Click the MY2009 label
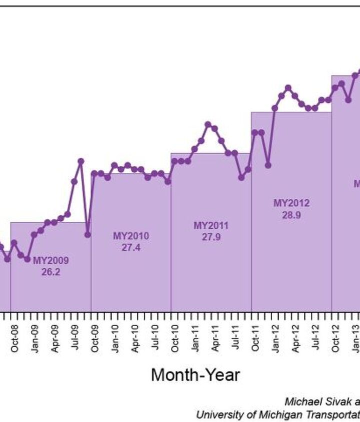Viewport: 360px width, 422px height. point(51,261)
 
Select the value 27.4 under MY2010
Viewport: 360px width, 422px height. point(131,247)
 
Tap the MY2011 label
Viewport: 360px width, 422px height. point(211,226)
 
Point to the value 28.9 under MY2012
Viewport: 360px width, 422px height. point(291,215)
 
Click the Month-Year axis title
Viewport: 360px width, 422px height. point(195,375)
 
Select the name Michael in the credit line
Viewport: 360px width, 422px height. point(300,402)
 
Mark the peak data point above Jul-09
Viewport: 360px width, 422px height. point(81,161)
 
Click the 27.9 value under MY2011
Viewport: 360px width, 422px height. point(211,237)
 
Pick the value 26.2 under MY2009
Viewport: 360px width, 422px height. point(51,272)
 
